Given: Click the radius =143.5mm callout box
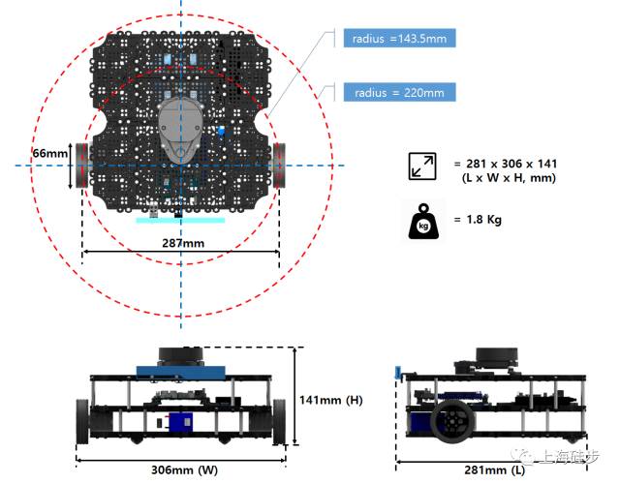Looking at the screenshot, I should (398, 39).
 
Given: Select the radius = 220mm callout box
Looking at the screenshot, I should (398, 93).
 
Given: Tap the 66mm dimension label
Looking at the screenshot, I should (50, 154).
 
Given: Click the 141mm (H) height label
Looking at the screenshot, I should (330, 399).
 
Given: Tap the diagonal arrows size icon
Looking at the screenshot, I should (422, 166).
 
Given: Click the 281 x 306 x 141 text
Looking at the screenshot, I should (505, 163).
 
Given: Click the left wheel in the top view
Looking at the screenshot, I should (82, 166).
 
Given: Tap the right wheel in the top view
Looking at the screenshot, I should (280, 166).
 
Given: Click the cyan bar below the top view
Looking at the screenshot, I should (180, 220).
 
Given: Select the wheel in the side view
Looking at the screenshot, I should (453, 421).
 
